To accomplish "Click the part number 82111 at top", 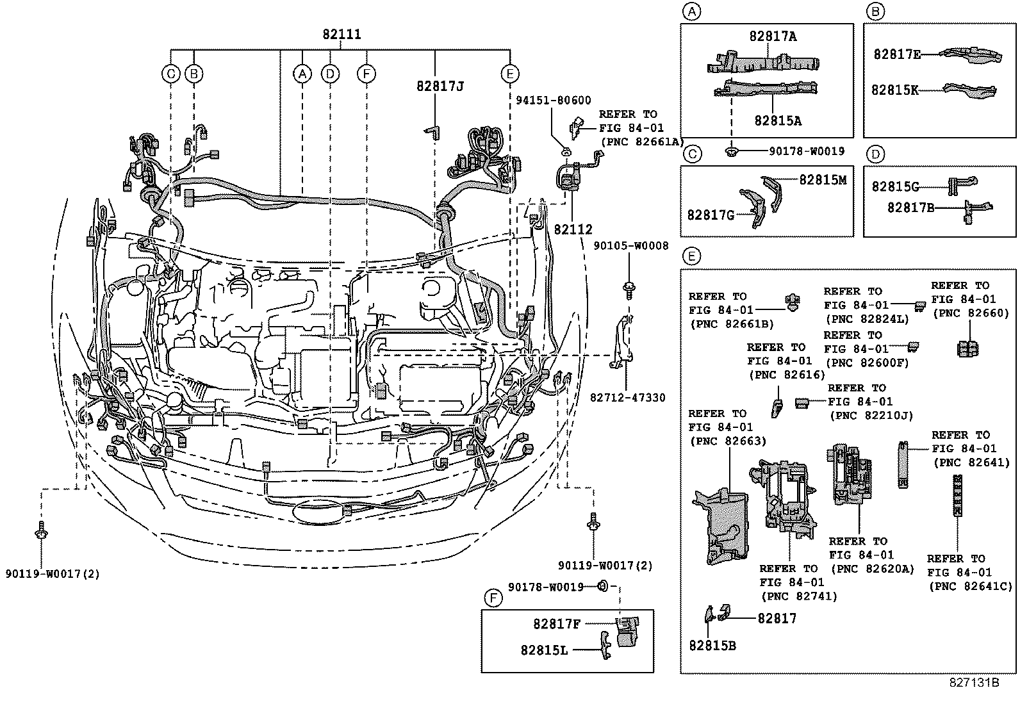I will (x=341, y=35).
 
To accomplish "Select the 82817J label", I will (x=439, y=86).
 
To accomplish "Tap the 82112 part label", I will (x=573, y=229).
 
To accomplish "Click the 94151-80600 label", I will (x=554, y=101).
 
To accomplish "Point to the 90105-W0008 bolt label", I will (x=630, y=246).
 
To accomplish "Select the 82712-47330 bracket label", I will (x=627, y=398).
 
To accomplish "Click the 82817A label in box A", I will (x=773, y=37).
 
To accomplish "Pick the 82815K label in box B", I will (x=894, y=90).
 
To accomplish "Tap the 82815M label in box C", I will (x=822, y=181).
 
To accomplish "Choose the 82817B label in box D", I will (x=910, y=208).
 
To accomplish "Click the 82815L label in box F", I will (x=543, y=650).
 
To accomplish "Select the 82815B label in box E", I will (x=712, y=646).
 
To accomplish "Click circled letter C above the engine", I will (x=171, y=74).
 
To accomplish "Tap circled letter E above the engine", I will (x=509, y=74).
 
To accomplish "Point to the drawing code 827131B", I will (x=974, y=683).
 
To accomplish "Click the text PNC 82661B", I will (x=721, y=324).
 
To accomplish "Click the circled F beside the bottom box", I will (x=492, y=600).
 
